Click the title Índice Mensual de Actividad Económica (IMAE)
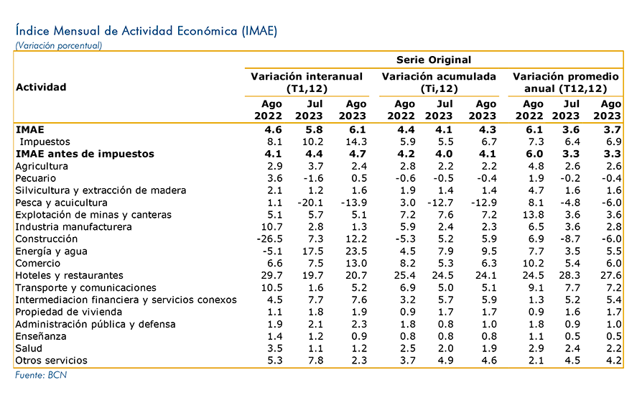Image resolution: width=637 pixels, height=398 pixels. click(x=147, y=31)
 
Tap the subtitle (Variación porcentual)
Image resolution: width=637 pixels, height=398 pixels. click(x=58, y=45)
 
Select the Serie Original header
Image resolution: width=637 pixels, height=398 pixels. click(x=434, y=60)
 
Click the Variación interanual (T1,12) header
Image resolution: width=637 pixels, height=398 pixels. click(x=307, y=83)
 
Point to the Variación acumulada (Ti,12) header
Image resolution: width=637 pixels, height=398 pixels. click(x=439, y=83)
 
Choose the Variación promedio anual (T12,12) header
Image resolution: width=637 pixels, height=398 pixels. click(x=565, y=83)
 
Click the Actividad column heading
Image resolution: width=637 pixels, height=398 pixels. click(x=41, y=87)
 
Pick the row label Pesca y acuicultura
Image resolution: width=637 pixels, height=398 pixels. click(x=61, y=203)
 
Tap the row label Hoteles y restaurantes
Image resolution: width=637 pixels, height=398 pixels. click(x=69, y=276)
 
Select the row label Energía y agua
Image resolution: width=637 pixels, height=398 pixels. click(x=51, y=251)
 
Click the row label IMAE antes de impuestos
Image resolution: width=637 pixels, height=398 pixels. click(x=85, y=154)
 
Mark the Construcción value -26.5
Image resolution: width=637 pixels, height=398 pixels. click(x=269, y=239)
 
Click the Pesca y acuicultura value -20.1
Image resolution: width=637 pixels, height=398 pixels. click(x=310, y=203)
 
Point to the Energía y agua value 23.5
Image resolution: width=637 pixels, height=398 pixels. click(x=356, y=251)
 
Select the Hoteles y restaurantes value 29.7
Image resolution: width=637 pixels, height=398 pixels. click(x=271, y=276)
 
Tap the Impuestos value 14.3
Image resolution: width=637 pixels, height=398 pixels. click(x=356, y=142)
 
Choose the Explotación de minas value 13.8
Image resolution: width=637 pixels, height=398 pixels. click(x=533, y=215)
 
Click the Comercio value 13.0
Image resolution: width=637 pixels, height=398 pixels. click(x=356, y=264)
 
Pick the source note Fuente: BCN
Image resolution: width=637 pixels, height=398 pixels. click(x=41, y=375)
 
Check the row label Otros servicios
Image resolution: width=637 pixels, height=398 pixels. click(x=51, y=361)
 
